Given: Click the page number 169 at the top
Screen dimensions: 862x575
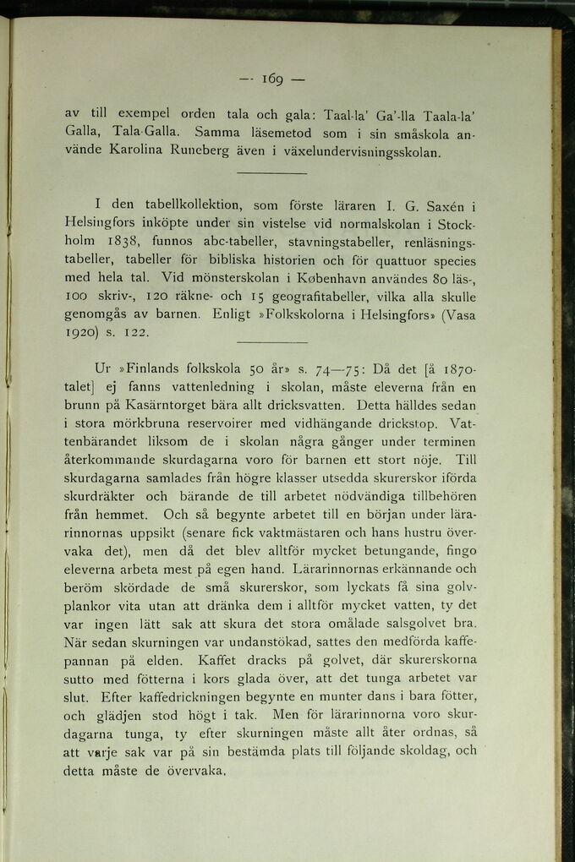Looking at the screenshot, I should coord(271,79).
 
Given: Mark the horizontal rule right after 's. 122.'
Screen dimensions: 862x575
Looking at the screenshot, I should coord(271,341).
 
